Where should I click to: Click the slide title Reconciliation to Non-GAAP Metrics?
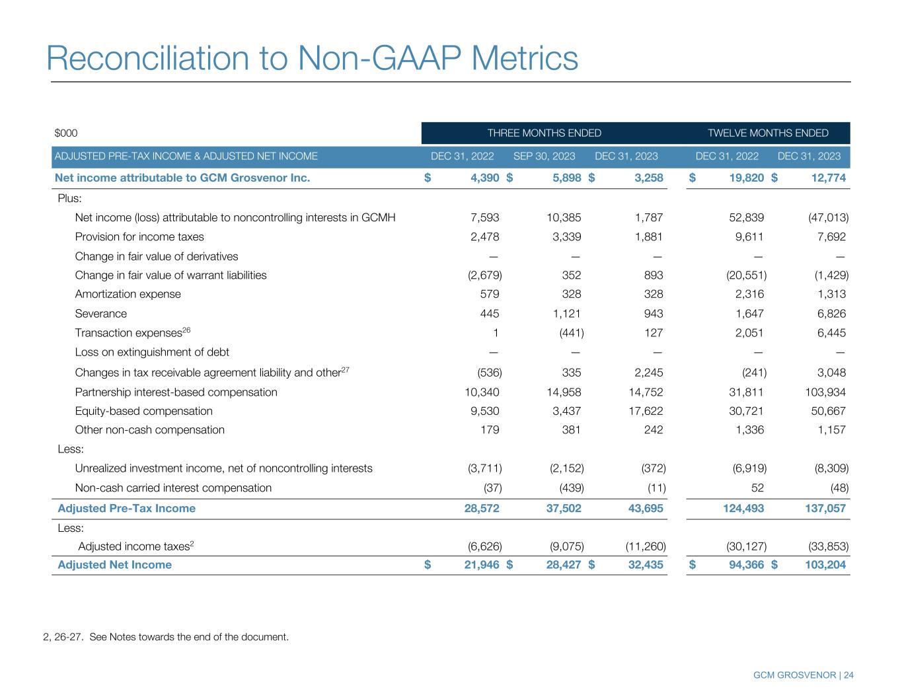(312, 58)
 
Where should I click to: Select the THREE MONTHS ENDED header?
(544, 133)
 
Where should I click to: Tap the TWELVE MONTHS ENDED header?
(768, 133)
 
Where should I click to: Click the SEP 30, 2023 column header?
(544, 157)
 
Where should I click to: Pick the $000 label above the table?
(66, 133)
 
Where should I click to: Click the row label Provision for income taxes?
(139, 237)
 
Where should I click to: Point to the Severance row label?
(100, 314)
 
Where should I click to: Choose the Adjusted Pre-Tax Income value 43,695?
(643, 509)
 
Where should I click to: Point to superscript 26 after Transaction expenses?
(186, 330)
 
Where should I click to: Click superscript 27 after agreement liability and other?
(345, 369)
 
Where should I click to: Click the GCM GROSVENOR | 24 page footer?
(804, 675)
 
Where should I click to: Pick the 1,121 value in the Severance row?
(567, 314)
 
